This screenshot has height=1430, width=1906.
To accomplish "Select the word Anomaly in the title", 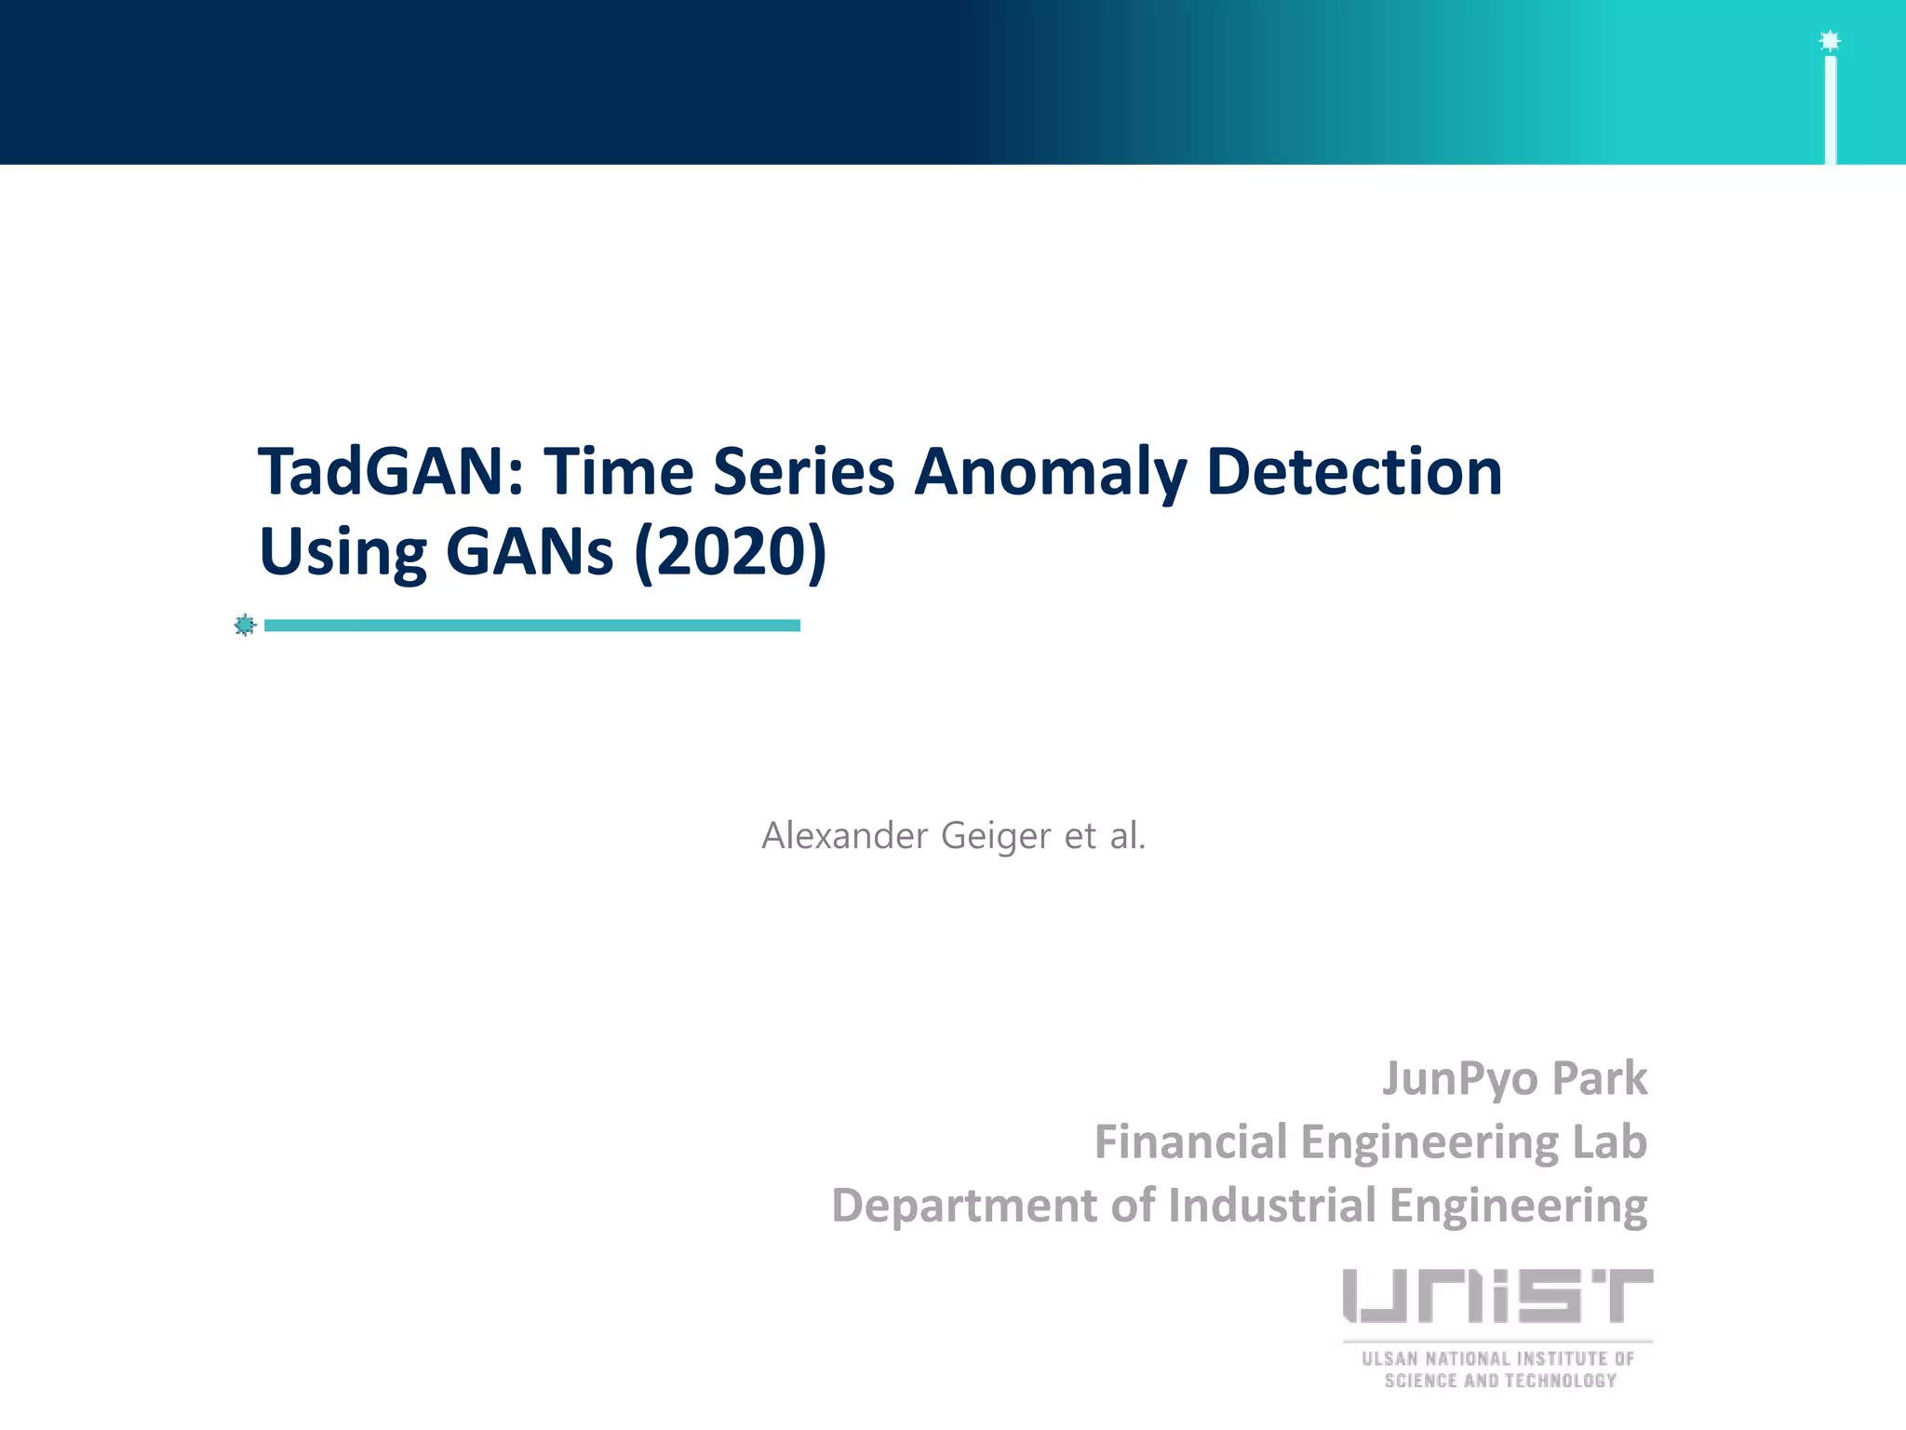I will [1049, 473].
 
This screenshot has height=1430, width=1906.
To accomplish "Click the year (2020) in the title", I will [730, 551].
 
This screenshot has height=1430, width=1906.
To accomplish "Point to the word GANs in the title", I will [530, 551].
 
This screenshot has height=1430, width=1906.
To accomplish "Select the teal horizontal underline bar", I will [531, 626].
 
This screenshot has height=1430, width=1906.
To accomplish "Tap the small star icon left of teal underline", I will [245, 625].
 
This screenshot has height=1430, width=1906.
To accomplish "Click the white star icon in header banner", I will [1830, 41].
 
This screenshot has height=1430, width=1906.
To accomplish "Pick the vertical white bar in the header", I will [1830, 110].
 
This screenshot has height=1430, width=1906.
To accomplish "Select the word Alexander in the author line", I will [844, 835].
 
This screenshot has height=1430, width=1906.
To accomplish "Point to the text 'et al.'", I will [1105, 835].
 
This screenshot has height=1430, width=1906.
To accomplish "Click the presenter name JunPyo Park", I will [1514, 1078].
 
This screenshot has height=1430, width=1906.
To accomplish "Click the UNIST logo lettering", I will [1497, 1295].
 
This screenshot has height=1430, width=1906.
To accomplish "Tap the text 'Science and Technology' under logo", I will [1499, 1381].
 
